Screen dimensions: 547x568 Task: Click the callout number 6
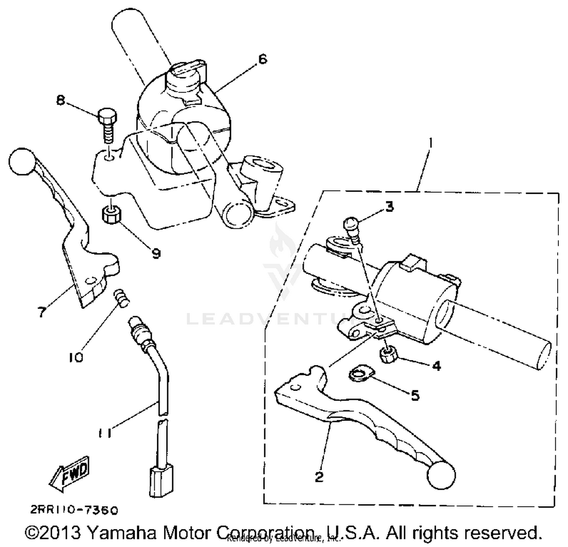262,59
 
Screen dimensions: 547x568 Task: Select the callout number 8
61,101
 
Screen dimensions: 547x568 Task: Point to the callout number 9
155,253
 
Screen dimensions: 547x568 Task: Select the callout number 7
42,312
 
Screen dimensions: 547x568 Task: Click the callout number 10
76,357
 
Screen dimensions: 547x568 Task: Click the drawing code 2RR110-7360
74,510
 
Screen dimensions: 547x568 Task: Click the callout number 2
319,477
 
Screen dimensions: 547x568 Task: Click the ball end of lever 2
441,475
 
